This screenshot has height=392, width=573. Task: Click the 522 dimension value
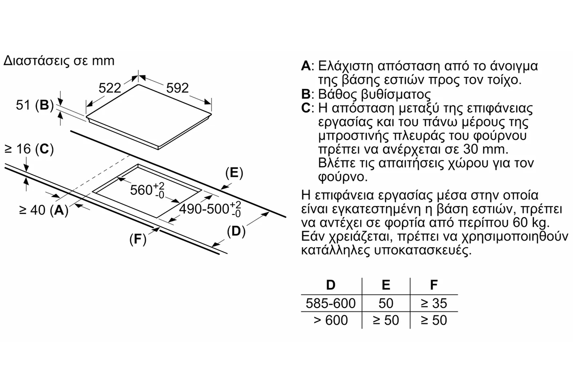coord(109,88)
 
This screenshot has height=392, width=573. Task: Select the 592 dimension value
coord(178,88)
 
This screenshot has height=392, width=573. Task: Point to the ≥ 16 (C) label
coord(28,149)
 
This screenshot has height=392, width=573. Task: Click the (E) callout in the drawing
coord(233,173)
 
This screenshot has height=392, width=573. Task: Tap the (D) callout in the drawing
coord(235,232)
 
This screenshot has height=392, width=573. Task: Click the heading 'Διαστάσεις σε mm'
coord(59,61)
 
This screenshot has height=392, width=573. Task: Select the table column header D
coord(331,285)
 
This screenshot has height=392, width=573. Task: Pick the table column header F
coord(434,285)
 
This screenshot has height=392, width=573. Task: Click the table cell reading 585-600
coord(330,303)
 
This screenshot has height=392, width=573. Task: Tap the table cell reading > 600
coord(330,319)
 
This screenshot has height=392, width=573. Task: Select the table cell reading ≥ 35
coord(434,303)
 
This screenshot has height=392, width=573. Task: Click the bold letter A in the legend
coord(306,65)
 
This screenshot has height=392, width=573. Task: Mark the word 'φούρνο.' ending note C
coord(343,177)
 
